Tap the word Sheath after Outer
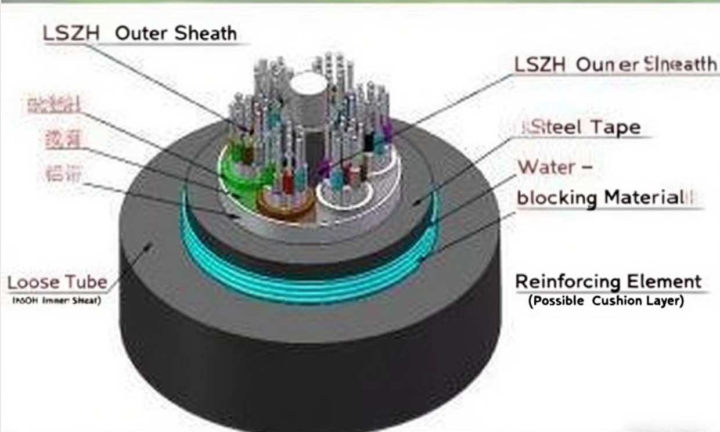[x=206, y=33]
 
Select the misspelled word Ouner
[x=602, y=65]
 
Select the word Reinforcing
[x=560, y=282]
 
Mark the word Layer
[x=664, y=302]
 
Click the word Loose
[x=33, y=283]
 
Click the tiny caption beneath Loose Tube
[x=57, y=301]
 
